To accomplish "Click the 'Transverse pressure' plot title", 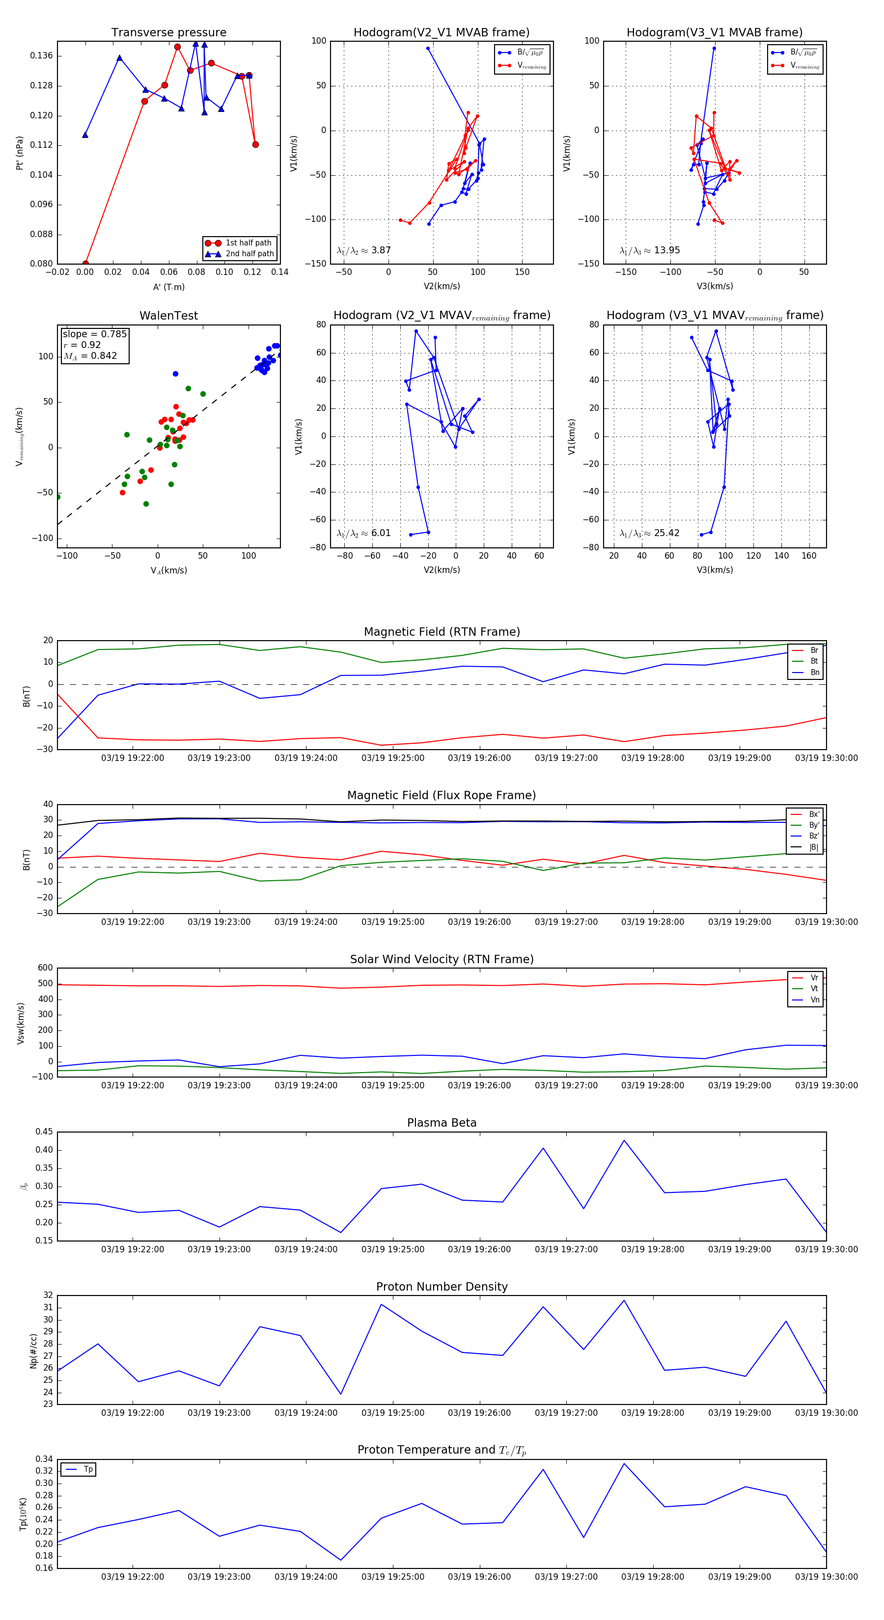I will [x=168, y=33].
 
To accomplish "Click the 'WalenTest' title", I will [x=168, y=316].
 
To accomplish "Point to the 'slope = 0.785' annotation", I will [x=94, y=334].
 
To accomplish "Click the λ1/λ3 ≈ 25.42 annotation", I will [x=649, y=533].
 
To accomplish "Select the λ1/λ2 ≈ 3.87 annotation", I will [x=363, y=250].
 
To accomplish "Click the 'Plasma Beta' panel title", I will [x=442, y=1123].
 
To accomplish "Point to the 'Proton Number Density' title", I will [x=442, y=1287].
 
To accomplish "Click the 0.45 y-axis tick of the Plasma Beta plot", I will [x=44, y=1132].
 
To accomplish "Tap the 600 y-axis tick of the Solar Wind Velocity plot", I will [x=45, y=968].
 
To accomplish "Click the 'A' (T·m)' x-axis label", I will [x=168, y=287].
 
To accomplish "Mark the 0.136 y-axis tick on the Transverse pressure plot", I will [x=42, y=56].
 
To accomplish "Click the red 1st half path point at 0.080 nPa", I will [x=85, y=264].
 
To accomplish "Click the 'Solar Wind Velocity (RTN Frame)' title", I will [x=442, y=960].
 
